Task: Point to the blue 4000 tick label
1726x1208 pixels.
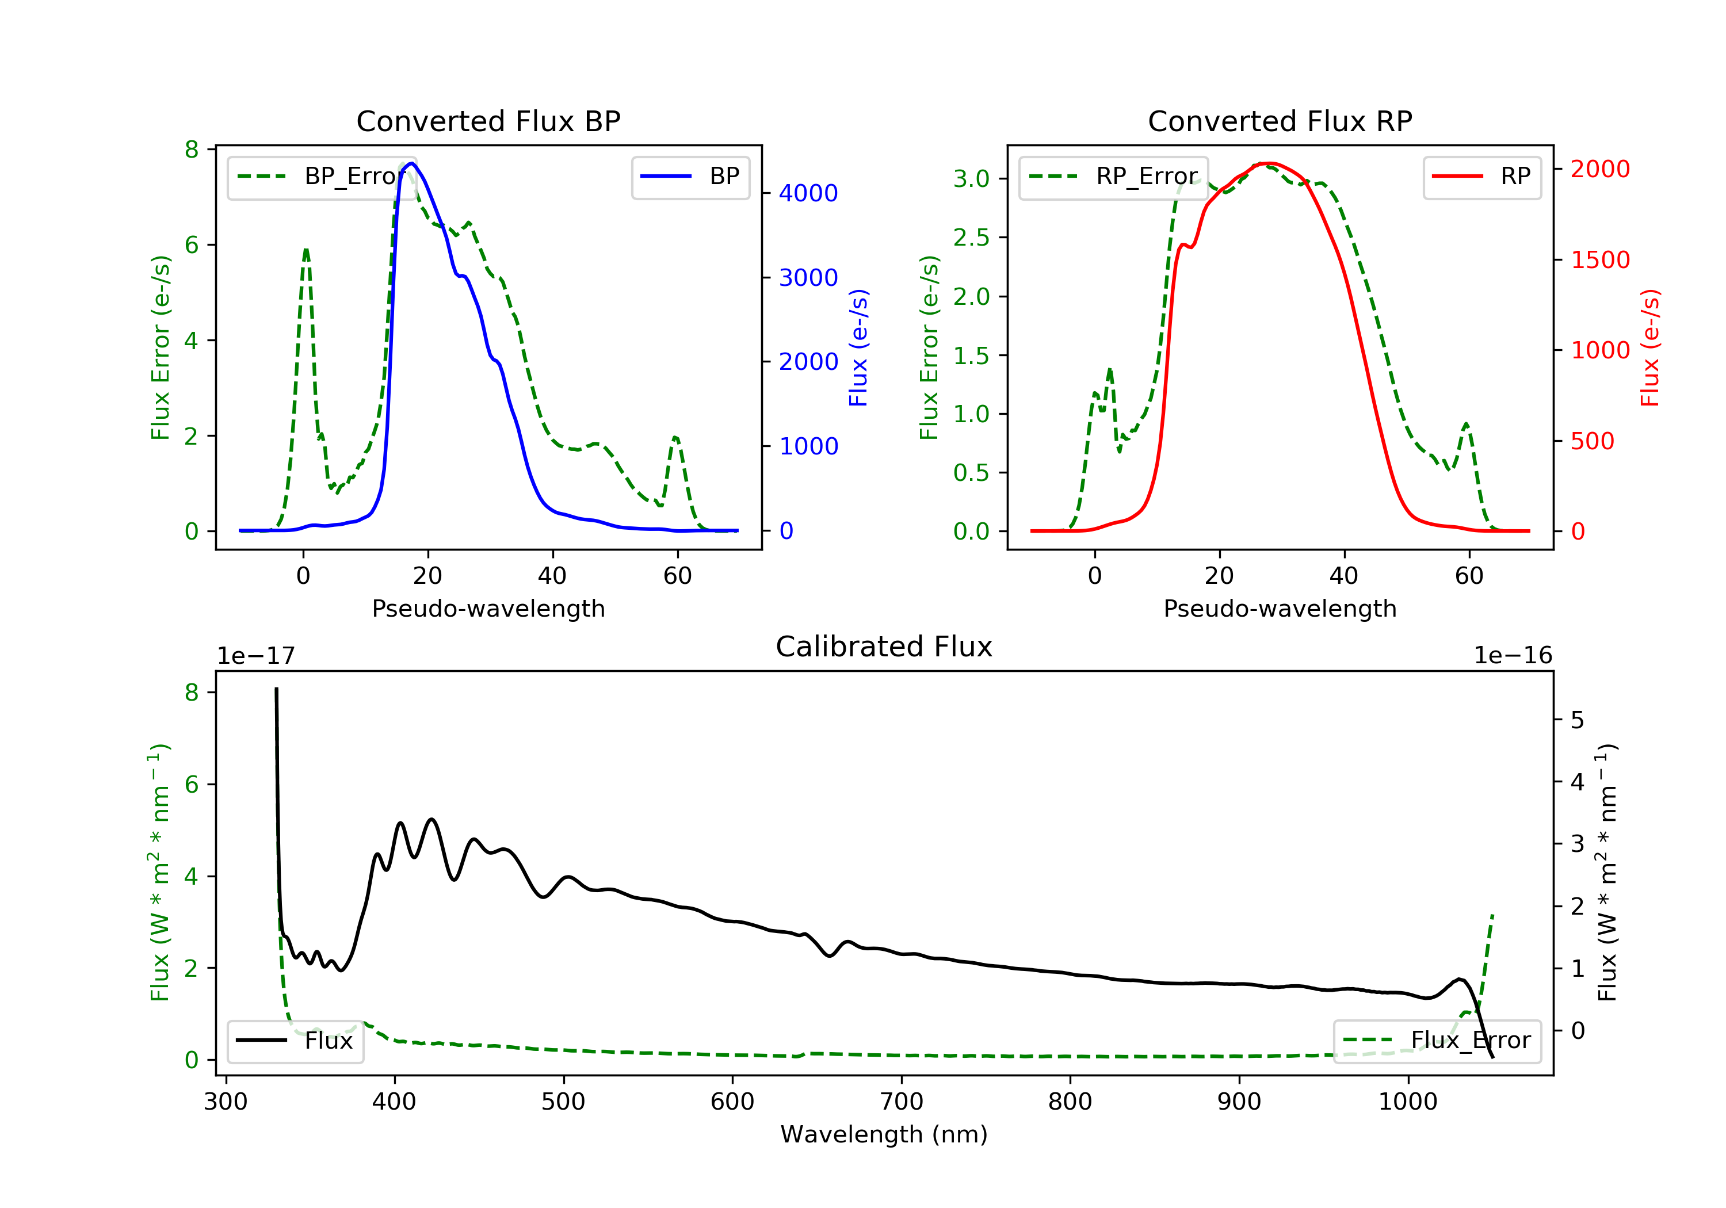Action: coord(808,194)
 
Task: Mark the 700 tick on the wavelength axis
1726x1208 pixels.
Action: coord(900,1102)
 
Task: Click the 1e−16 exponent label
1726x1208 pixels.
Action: coord(1513,656)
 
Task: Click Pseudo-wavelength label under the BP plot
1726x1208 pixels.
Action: coord(488,609)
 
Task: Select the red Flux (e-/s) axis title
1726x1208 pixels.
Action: coord(1649,348)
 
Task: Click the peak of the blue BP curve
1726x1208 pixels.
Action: coord(411,163)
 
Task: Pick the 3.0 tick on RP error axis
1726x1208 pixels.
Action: coord(971,179)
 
